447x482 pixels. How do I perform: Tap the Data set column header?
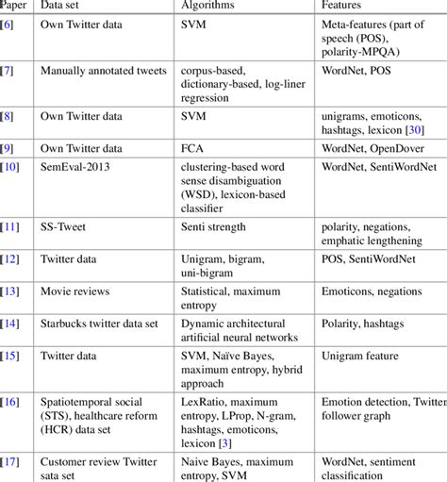point(60,6)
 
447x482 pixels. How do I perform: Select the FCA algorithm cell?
point(192,147)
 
